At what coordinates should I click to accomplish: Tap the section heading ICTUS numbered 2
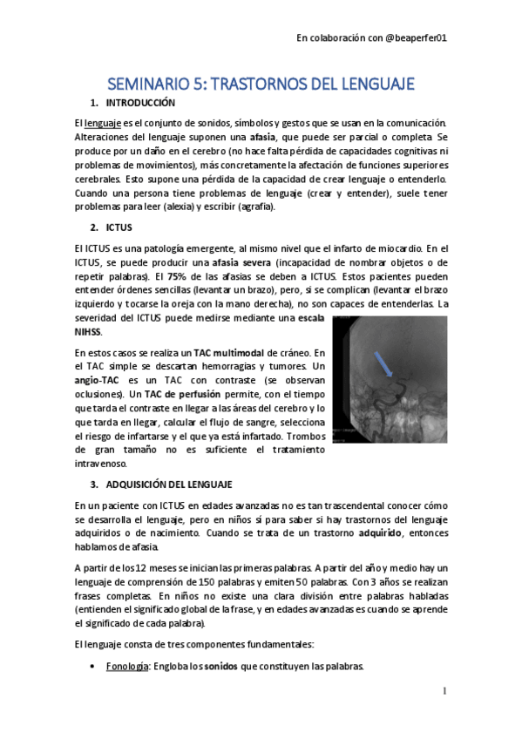[118, 227]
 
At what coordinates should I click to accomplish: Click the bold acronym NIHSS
[88, 332]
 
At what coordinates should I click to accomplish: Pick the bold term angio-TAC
[96, 382]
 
